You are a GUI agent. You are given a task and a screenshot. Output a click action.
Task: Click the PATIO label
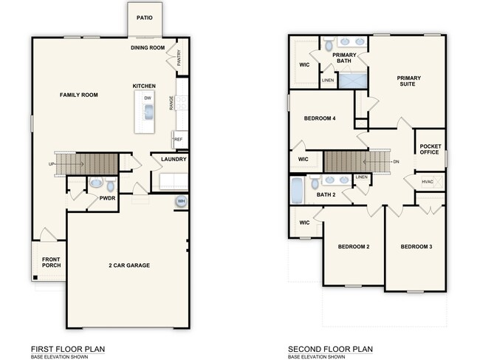[145, 18]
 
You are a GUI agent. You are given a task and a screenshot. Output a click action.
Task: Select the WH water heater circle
[180, 202]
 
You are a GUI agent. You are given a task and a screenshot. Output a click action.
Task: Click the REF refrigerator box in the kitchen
[178, 138]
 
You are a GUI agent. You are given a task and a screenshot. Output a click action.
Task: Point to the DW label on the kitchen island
[148, 98]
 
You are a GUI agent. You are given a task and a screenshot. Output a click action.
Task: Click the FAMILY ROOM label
[79, 95]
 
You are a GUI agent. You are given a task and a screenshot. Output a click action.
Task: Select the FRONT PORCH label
[51, 262]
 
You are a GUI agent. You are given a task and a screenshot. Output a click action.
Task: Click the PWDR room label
[108, 198]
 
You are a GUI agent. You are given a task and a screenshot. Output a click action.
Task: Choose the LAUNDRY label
[168, 159]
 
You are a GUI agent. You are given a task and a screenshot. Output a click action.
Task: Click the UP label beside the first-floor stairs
[51, 164]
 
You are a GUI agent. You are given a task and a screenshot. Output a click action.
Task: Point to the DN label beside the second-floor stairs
[396, 162]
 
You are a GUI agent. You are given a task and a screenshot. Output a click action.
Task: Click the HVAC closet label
[428, 182]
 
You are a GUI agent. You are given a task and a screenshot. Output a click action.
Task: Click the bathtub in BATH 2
[297, 191]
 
